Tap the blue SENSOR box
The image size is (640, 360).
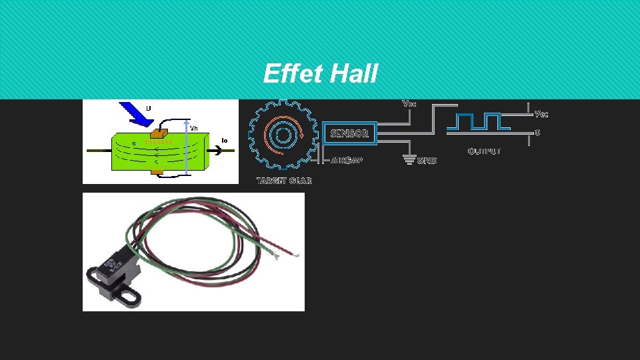point(349,133)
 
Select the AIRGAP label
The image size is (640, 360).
point(347,161)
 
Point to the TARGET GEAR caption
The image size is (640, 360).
point(285,181)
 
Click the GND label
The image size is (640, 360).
point(427,161)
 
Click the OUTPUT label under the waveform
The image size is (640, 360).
point(485,151)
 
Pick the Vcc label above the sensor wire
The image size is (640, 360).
point(409,103)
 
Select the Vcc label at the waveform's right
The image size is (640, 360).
point(541,114)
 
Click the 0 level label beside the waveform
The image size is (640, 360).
point(537,132)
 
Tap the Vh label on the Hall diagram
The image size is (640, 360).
point(194,127)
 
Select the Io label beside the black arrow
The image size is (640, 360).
point(224,140)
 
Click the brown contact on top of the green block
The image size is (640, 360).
point(161,133)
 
